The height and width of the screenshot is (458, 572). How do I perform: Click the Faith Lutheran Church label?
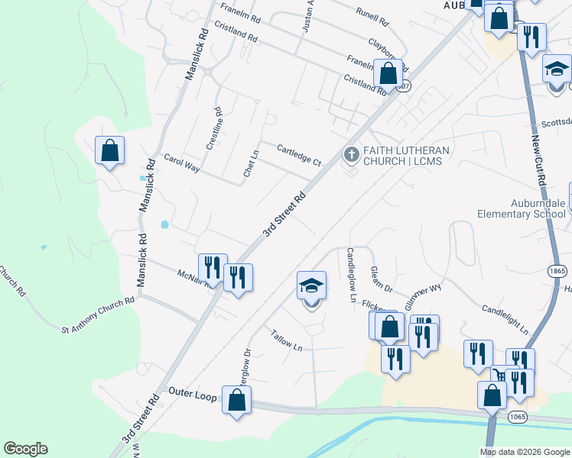(405, 156)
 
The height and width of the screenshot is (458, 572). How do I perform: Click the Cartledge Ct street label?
(298, 155)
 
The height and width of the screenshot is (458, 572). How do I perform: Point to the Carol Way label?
(181, 163)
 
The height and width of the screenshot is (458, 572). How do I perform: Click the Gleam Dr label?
(381, 279)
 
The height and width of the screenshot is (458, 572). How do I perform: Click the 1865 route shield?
(556, 271)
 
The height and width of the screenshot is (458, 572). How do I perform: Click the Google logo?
(25, 448)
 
